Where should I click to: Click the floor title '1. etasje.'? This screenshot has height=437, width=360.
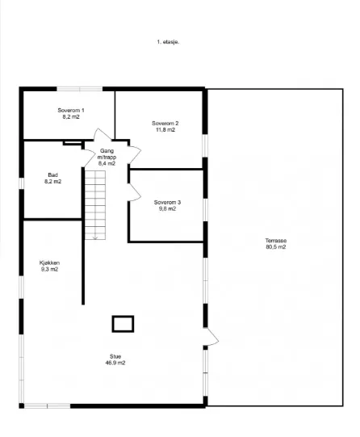pyautogui.click(x=168, y=42)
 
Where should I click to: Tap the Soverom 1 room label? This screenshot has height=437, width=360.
pyautogui.click(x=71, y=111)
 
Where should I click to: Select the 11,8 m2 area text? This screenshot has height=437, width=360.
pyautogui.click(x=165, y=129)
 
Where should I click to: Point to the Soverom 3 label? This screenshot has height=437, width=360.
pyautogui.click(x=167, y=202)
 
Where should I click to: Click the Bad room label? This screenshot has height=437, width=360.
pyautogui.click(x=53, y=175)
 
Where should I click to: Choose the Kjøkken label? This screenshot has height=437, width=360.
pyautogui.click(x=49, y=263)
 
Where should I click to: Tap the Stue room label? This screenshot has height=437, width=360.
pyautogui.click(x=115, y=356)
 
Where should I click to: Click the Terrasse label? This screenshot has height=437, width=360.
pyautogui.click(x=276, y=241)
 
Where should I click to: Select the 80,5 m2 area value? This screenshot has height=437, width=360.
pyautogui.click(x=276, y=247)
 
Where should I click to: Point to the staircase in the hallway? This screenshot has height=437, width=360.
pyautogui.click(x=95, y=205)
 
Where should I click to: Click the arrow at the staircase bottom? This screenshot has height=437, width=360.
pyautogui.click(x=95, y=237)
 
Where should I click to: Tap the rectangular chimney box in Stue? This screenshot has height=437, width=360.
pyautogui.click(x=123, y=324)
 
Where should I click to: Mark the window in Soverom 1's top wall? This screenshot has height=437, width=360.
pyautogui.click(x=80, y=89)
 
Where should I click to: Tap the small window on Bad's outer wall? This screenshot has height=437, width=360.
pyautogui.click(x=22, y=183)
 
